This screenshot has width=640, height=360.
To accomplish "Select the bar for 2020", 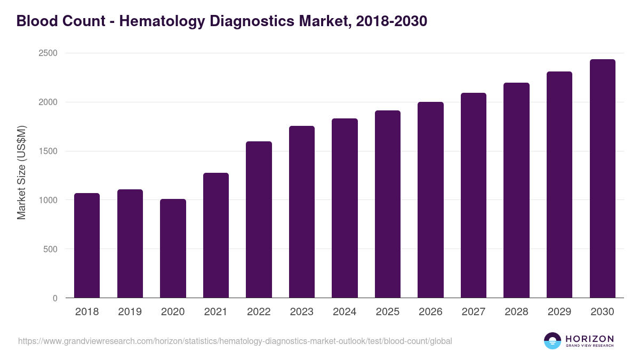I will point(173,249).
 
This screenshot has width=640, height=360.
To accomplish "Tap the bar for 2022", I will point(259,220).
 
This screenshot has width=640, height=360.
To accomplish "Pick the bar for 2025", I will point(387,204).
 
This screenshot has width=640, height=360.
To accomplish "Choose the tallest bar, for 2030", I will point(602,179).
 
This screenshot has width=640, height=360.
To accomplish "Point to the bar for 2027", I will point(473,195).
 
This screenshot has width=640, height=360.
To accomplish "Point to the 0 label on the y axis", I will point(54,298).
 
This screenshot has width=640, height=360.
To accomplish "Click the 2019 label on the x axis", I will point(130,312).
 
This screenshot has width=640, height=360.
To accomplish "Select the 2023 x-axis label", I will point(301,312).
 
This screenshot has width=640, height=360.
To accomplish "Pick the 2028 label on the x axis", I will point(516,312).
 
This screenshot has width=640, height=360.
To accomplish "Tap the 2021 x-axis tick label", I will point(215,312).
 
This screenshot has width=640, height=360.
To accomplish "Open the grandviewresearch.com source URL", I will point(235,341).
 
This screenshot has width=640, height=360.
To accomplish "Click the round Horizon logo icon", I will point(553,341).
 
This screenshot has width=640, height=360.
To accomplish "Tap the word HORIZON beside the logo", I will point(589,338).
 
